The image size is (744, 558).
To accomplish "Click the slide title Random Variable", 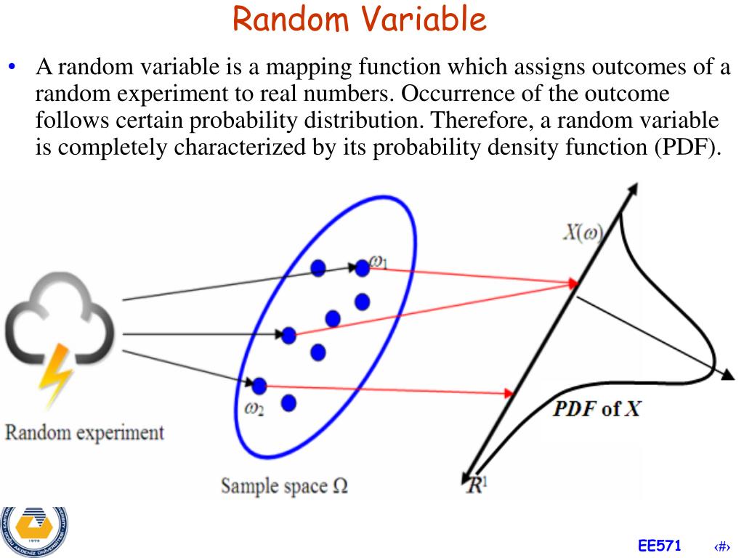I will click(x=360, y=20).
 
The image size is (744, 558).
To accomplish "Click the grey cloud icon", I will click(x=58, y=323).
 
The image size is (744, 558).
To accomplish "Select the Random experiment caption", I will click(x=85, y=433).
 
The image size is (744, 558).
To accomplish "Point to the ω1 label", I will click(x=379, y=260).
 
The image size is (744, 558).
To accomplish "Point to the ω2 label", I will click(x=254, y=409).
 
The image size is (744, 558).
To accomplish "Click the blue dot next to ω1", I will click(x=362, y=268).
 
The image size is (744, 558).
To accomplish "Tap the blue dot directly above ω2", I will click(x=259, y=385).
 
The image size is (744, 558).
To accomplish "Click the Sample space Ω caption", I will click(x=284, y=485).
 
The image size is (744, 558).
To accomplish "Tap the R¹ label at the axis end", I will click(x=477, y=485).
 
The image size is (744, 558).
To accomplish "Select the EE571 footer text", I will click(x=660, y=546).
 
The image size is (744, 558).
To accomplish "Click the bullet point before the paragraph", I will click(x=12, y=68).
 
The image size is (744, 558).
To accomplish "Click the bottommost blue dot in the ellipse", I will click(x=288, y=403).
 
